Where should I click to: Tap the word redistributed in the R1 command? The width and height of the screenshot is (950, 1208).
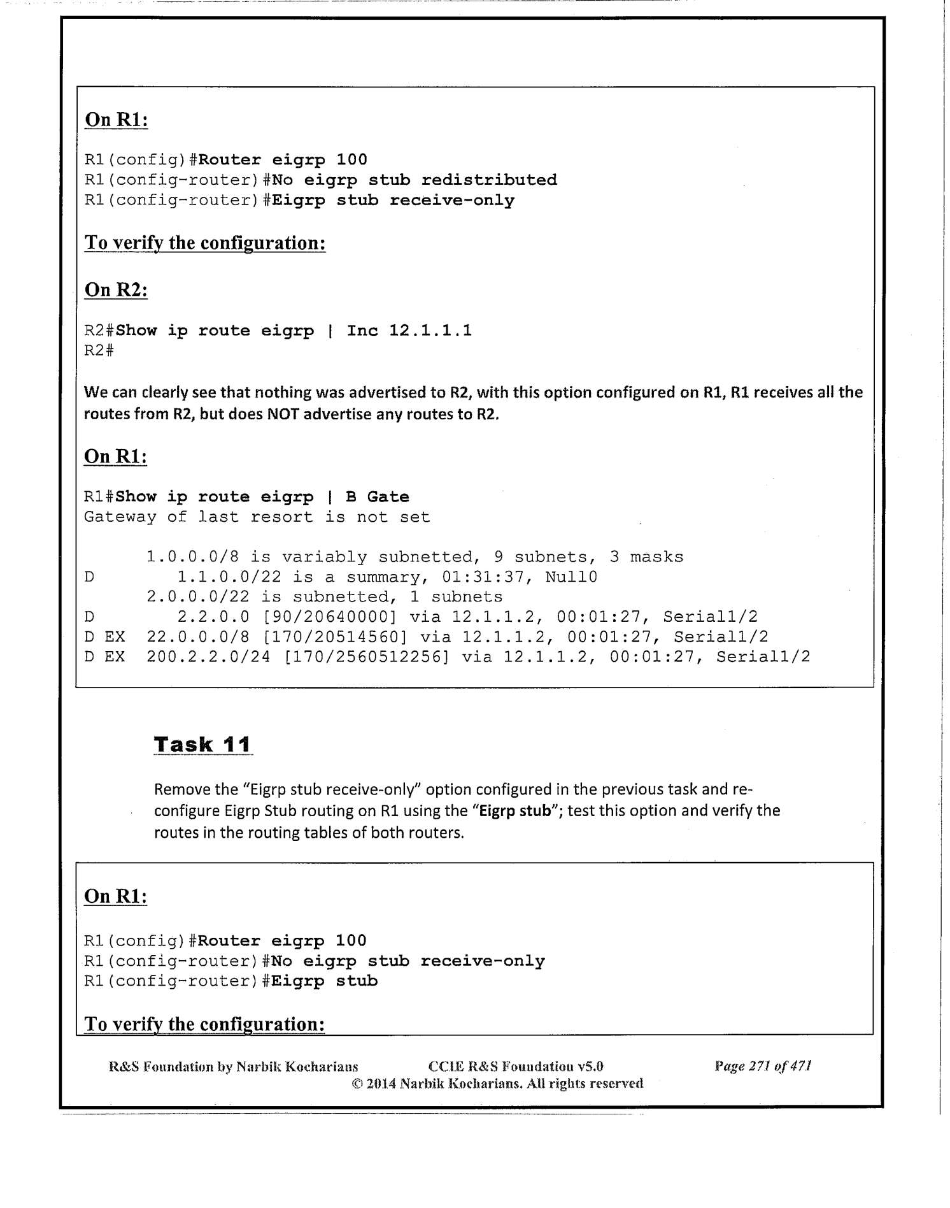[x=488, y=180]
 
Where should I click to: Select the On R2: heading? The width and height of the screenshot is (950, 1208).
[x=116, y=290]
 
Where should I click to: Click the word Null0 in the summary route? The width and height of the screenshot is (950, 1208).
[x=572, y=577]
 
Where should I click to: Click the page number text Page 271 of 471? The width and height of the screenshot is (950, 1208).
[x=763, y=1066]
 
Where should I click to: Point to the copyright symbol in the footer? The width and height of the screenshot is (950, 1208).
[x=357, y=1083]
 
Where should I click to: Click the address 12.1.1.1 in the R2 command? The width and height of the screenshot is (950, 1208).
[x=430, y=331]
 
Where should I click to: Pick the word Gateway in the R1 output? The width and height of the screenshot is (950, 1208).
[x=120, y=517]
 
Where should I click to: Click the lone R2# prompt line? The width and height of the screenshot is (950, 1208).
[x=99, y=350]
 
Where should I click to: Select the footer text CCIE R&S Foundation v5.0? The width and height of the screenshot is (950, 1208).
[x=516, y=1066]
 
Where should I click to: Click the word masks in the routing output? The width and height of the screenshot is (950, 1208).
[x=656, y=557]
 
